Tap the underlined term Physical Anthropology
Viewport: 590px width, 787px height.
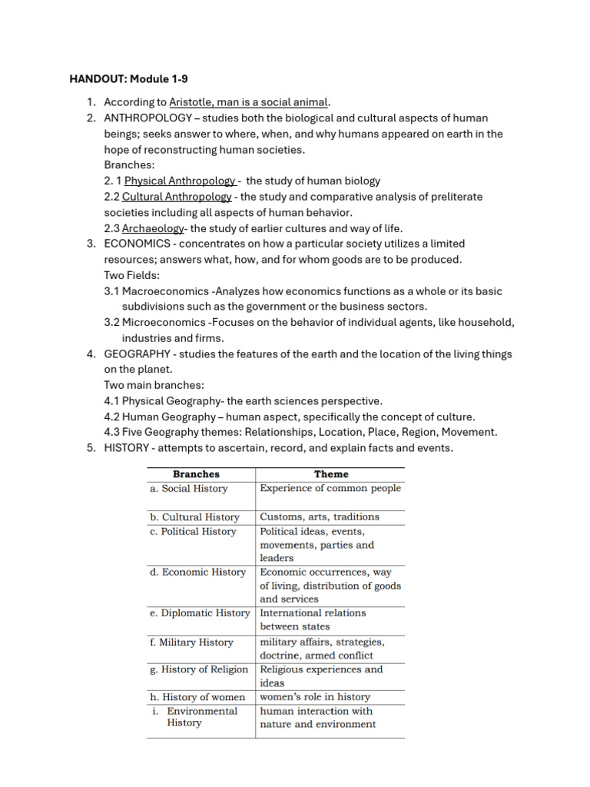pyautogui.click(x=181, y=181)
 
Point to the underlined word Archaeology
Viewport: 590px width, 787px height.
pyautogui.click(x=153, y=228)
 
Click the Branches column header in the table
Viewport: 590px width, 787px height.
pyautogui.click(x=196, y=474)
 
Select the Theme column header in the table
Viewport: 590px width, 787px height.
pyautogui.click(x=331, y=474)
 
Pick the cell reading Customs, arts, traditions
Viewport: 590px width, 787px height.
pyautogui.click(x=320, y=516)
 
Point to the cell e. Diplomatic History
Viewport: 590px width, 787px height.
pyautogui.click(x=200, y=613)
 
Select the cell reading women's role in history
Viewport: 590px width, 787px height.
pyautogui.click(x=315, y=697)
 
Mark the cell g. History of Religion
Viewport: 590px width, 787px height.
pyautogui.click(x=199, y=669)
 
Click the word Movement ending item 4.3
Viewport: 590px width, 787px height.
pyautogui.click(x=469, y=433)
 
